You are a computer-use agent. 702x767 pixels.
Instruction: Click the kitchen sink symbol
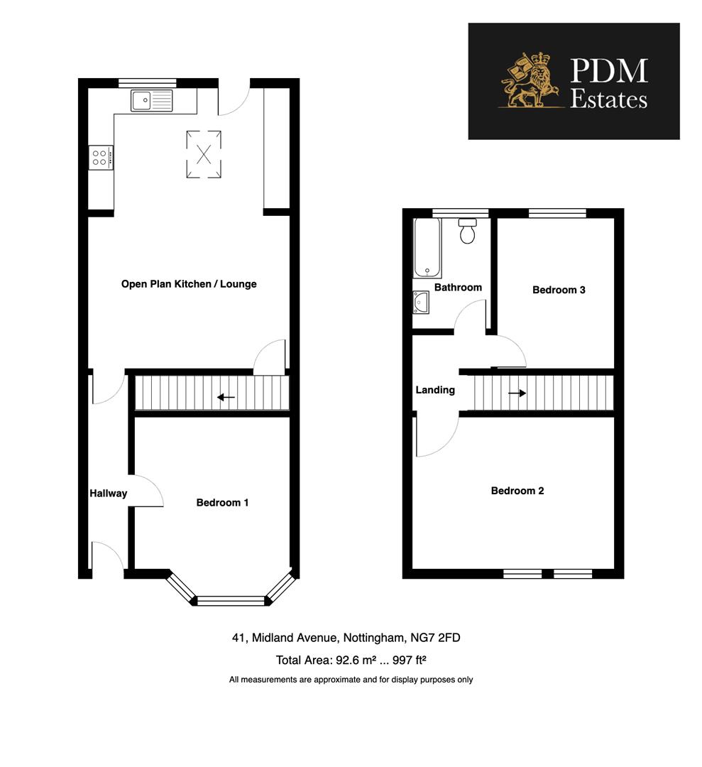pos(151,100)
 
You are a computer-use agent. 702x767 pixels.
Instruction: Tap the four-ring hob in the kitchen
pos(100,157)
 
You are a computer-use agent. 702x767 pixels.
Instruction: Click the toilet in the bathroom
pos(467,232)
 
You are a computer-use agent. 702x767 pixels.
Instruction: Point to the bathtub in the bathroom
pos(427,247)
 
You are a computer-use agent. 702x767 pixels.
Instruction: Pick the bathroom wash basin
pos(421,303)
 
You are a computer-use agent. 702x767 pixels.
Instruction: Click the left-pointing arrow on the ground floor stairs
pos(226,397)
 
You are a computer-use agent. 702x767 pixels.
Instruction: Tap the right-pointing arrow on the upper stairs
pos(517,393)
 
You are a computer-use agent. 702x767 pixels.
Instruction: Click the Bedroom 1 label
pos(222,503)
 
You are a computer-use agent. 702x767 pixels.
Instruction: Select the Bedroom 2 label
pos(517,491)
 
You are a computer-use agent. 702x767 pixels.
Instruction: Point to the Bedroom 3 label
pos(559,290)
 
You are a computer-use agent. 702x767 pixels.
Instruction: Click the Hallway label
pos(108,494)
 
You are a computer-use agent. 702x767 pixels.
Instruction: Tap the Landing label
pos(435,390)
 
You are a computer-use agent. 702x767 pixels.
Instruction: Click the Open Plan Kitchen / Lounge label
pos(189,284)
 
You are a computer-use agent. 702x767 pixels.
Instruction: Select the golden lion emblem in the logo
pos(530,82)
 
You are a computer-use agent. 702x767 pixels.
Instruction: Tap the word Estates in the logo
pos(609,99)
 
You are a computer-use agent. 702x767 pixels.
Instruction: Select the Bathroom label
pos(458,288)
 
